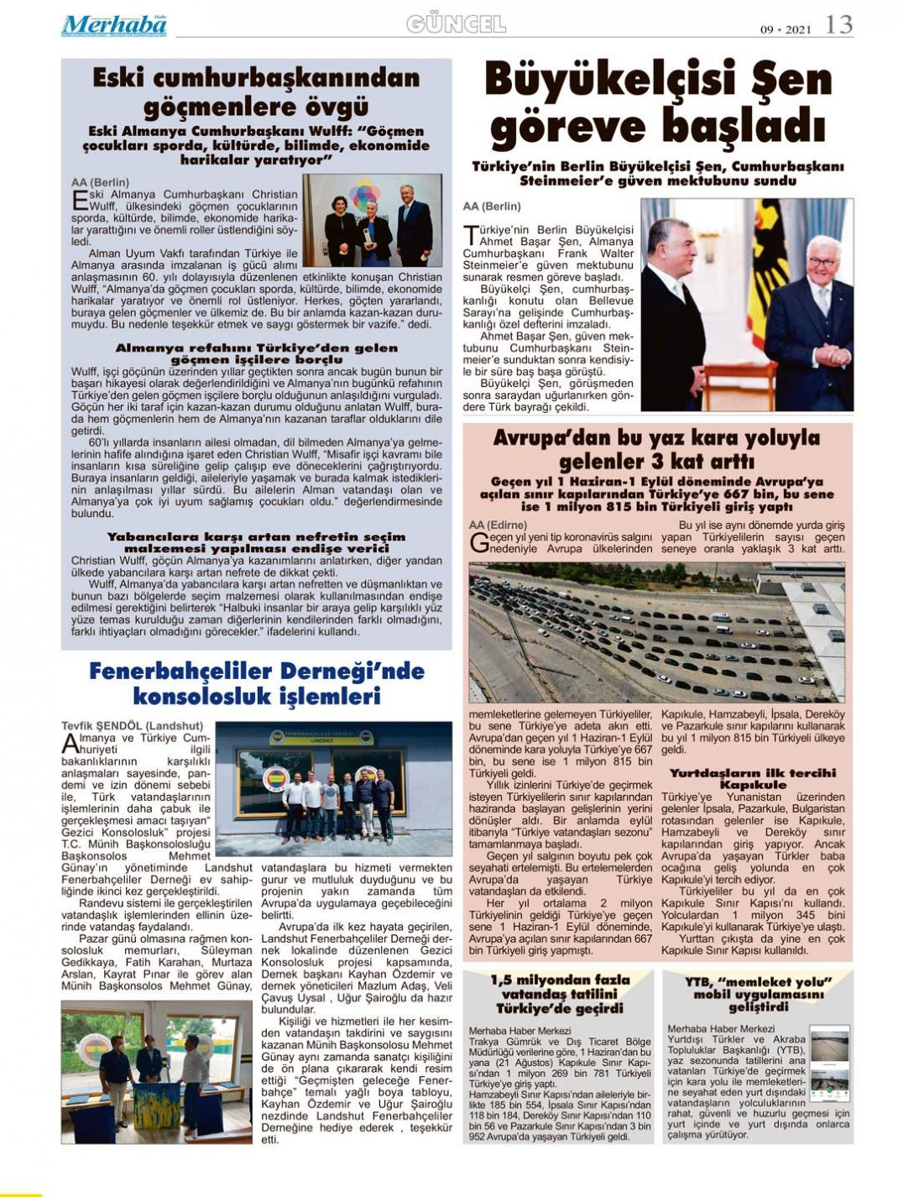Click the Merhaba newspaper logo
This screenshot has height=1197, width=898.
[x=113, y=25]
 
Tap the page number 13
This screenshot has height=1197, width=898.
[x=838, y=25]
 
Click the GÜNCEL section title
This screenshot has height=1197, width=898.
[x=456, y=24]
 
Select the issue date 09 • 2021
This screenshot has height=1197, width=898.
[x=786, y=29]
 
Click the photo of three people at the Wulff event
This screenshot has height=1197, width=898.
[x=373, y=220]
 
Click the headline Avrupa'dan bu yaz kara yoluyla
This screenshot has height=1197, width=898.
[x=656, y=438]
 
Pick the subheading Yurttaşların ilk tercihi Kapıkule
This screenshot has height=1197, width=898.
[x=753, y=778]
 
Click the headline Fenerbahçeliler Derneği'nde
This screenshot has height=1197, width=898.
[x=257, y=672]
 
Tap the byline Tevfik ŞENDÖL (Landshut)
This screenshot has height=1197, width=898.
[x=132, y=725]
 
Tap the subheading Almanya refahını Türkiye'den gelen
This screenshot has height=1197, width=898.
[x=256, y=348]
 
